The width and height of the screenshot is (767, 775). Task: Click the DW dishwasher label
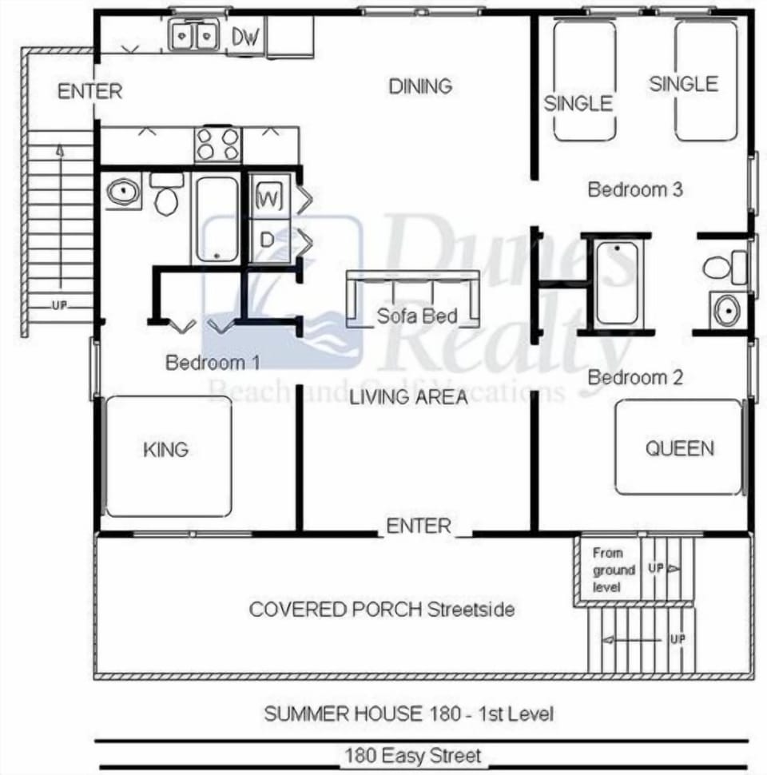point(247,37)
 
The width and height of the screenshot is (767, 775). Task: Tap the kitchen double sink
point(194,36)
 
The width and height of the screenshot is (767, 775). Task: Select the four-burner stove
point(218,145)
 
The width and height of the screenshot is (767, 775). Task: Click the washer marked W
point(269,198)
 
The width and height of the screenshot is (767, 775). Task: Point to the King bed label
point(166,449)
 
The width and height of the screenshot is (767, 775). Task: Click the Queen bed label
point(680,448)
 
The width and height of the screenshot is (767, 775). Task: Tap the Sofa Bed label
point(417,316)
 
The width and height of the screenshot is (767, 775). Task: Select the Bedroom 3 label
point(635,189)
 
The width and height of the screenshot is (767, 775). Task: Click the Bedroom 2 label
point(636,377)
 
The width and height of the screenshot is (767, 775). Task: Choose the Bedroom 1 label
point(213,363)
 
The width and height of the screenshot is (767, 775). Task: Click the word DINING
point(420,85)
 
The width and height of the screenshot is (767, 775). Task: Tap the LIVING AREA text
point(409,397)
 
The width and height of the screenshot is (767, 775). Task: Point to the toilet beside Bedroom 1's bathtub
point(166,196)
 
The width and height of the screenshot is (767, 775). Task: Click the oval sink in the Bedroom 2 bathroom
point(726,311)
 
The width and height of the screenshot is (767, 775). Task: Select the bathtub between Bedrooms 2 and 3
point(617,283)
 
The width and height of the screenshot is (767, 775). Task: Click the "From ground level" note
point(613,570)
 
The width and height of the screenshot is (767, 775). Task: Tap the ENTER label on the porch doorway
point(419,526)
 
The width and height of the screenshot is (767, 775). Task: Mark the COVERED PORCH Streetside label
point(382,610)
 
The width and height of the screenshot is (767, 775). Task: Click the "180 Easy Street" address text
point(413,755)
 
